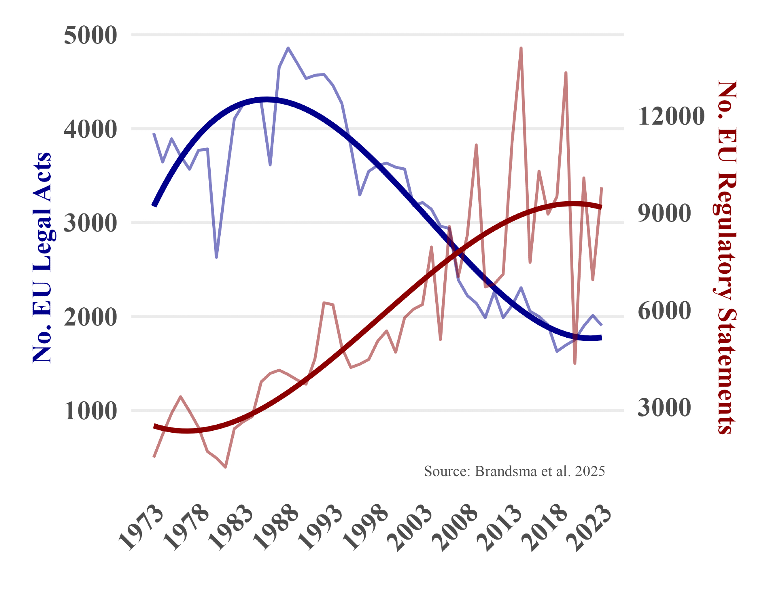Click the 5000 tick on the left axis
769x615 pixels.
(90, 35)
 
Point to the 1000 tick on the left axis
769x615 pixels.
(90, 411)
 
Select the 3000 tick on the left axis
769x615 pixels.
(90, 223)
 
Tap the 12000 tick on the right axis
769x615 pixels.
(671, 116)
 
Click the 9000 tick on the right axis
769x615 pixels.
(664, 213)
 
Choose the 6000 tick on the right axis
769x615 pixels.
(664, 311)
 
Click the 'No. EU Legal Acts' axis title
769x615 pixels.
(42, 258)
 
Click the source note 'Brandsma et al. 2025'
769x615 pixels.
(514, 471)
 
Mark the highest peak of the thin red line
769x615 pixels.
(521, 48)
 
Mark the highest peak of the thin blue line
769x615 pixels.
(288, 48)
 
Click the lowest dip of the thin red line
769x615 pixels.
(225, 467)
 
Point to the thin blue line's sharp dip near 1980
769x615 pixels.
(216, 257)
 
